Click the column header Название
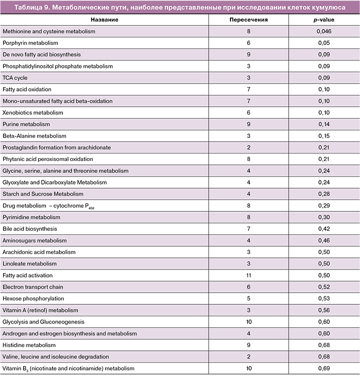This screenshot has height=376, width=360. pyautogui.click(x=104, y=19)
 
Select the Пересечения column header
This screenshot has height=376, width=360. pyautogui.click(x=248, y=19)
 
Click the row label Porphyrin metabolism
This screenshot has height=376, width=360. pyautogui.click(x=30, y=43)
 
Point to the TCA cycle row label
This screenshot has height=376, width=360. pyautogui.click(x=15, y=77)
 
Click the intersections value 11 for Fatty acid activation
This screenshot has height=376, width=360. pyautogui.click(x=248, y=275)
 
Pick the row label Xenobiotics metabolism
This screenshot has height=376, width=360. pyautogui.click(x=33, y=112)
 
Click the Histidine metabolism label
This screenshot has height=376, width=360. pyautogui.click(x=29, y=345)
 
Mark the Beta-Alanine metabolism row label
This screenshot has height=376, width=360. pyautogui.click(x=34, y=135)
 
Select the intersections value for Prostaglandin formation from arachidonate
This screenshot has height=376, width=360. pyautogui.click(x=248, y=147)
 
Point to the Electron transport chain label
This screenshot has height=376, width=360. pyautogui.click(x=33, y=287)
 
